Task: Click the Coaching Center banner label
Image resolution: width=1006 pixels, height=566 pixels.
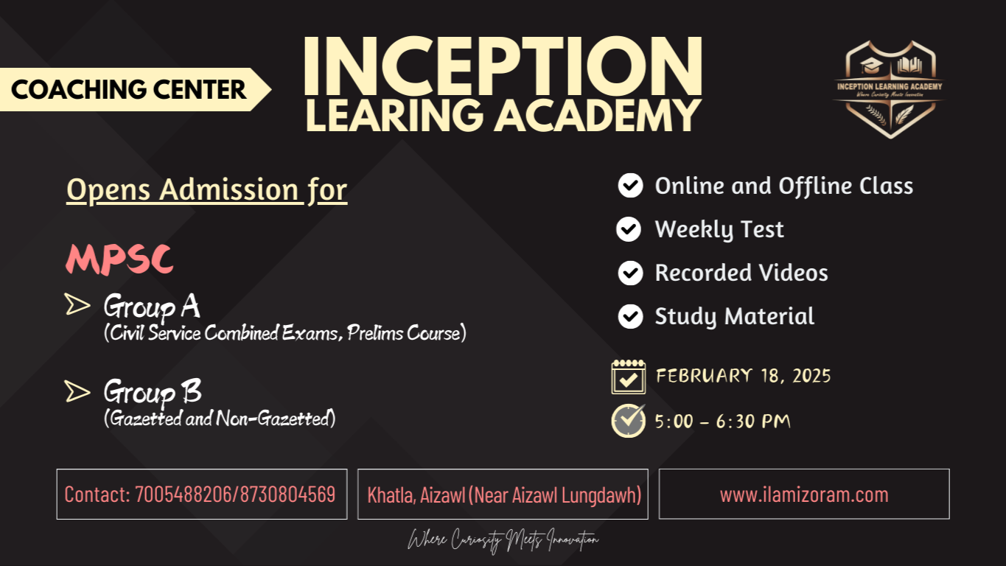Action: tap(129, 90)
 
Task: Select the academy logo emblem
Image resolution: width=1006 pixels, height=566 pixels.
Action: tap(890, 89)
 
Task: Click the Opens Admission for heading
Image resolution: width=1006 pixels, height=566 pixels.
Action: tap(206, 190)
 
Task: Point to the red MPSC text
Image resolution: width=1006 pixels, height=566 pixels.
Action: tap(119, 259)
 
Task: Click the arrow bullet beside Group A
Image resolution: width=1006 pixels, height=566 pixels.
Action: tap(77, 304)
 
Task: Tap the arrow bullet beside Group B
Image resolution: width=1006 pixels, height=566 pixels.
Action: tap(77, 391)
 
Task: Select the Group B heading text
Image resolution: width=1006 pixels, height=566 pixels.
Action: tap(153, 391)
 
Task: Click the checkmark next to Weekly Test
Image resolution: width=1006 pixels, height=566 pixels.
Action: tap(629, 229)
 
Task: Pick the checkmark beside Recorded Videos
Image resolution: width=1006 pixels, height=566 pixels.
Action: tap(630, 273)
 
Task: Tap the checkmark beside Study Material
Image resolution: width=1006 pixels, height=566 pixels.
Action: tap(630, 316)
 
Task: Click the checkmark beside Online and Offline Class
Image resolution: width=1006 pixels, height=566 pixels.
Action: tap(630, 186)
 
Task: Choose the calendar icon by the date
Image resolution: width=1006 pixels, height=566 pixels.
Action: tap(629, 377)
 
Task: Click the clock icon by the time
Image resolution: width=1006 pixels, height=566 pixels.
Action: tap(629, 420)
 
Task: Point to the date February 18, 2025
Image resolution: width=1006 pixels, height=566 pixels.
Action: tap(743, 376)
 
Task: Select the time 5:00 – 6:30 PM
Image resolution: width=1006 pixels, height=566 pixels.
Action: tap(722, 422)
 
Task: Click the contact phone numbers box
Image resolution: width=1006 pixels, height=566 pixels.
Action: tap(201, 494)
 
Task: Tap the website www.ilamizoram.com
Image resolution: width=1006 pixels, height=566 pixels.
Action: tap(804, 494)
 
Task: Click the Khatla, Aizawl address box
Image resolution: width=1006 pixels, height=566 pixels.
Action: tap(503, 494)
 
